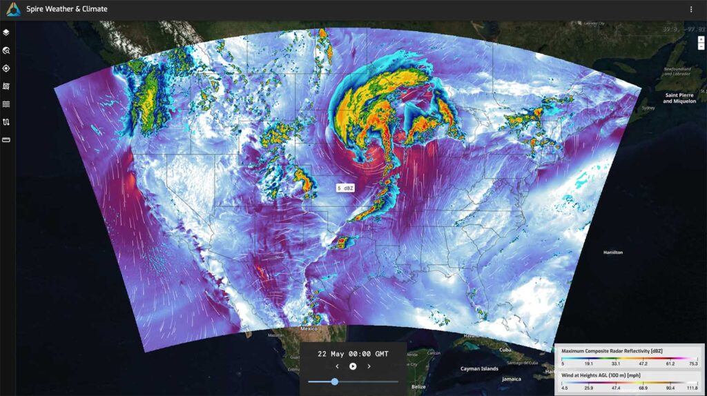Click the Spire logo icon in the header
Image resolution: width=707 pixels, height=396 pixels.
click(x=13, y=10)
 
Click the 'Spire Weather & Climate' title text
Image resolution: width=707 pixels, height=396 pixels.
click(x=67, y=10)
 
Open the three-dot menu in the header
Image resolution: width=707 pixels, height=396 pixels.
click(x=691, y=10)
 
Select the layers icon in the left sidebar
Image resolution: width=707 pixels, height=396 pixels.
click(x=6, y=32)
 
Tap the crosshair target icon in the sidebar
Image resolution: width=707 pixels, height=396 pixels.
click(x=6, y=68)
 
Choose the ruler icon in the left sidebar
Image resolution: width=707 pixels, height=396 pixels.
click(x=6, y=140)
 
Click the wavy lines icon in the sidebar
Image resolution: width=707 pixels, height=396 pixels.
click(x=6, y=104)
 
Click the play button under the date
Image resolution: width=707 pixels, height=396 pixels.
click(x=353, y=366)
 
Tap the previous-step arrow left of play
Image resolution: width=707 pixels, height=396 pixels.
click(x=337, y=366)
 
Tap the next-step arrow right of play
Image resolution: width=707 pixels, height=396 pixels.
click(x=369, y=366)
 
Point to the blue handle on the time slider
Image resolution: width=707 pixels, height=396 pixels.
click(x=335, y=382)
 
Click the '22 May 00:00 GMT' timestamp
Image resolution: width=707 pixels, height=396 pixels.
click(x=353, y=354)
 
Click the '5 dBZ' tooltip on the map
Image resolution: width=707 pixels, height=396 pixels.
click(x=344, y=188)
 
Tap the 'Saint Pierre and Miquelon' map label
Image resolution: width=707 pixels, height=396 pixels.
click(x=677, y=98)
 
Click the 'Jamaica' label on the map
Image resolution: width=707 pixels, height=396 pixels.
click(x=512, y=379)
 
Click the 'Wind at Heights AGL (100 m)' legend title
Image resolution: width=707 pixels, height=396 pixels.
click(x=606, y=375)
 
